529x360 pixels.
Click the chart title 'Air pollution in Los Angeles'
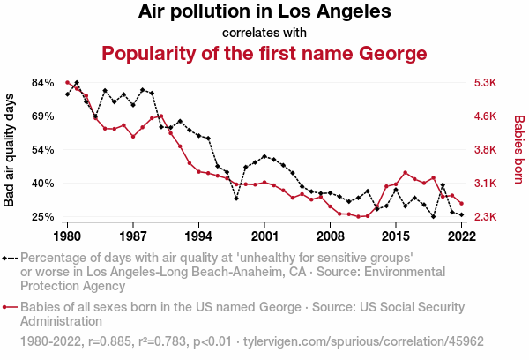[264, 12]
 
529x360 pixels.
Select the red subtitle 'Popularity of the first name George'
[264, 54]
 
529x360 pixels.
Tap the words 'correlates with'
[264, 34]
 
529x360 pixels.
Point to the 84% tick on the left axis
[43, 82]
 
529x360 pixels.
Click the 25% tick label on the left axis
[43, 216]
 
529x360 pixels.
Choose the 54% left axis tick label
[43, 149]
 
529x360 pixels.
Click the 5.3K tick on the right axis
[487, 82]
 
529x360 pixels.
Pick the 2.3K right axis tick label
[487, 216]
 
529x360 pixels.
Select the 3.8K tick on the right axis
[487, 149]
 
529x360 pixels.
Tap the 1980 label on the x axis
[68, 236]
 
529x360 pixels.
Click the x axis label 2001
[264, 236]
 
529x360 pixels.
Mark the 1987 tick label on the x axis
[133, 236]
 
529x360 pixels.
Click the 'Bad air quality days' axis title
[10, 149]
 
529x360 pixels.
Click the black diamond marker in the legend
[7, 259]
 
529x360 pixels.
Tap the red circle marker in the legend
[7, 307]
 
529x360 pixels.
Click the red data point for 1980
[68, 82]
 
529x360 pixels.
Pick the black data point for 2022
[461, 214]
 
